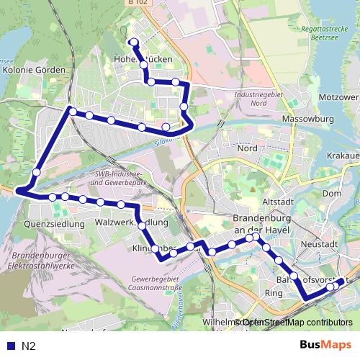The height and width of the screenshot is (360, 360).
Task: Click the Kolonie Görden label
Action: click(35, 71)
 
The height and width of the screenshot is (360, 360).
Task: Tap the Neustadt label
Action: click(317, 245)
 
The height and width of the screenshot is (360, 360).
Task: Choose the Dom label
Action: click(332, 194)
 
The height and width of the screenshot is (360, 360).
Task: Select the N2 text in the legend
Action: click(29, 346)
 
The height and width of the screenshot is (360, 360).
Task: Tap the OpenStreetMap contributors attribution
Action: click(297, 323)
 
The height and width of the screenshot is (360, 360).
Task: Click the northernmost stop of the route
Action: click(132, 41)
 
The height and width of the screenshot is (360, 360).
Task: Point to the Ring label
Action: click(274, 293)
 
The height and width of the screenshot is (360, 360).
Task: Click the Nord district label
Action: click(247, 148)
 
